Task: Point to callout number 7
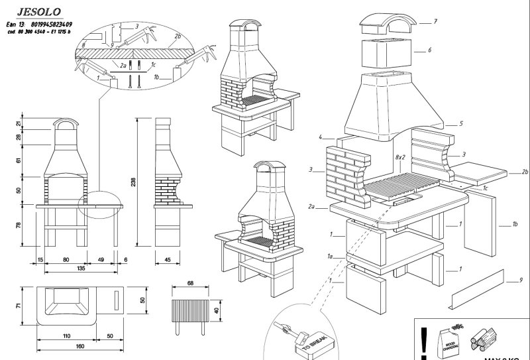(x=435, y=22)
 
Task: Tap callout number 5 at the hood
(x=460, y=124)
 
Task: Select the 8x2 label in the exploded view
(x=400, y=157)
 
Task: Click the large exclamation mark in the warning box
(x=424, y=342)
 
